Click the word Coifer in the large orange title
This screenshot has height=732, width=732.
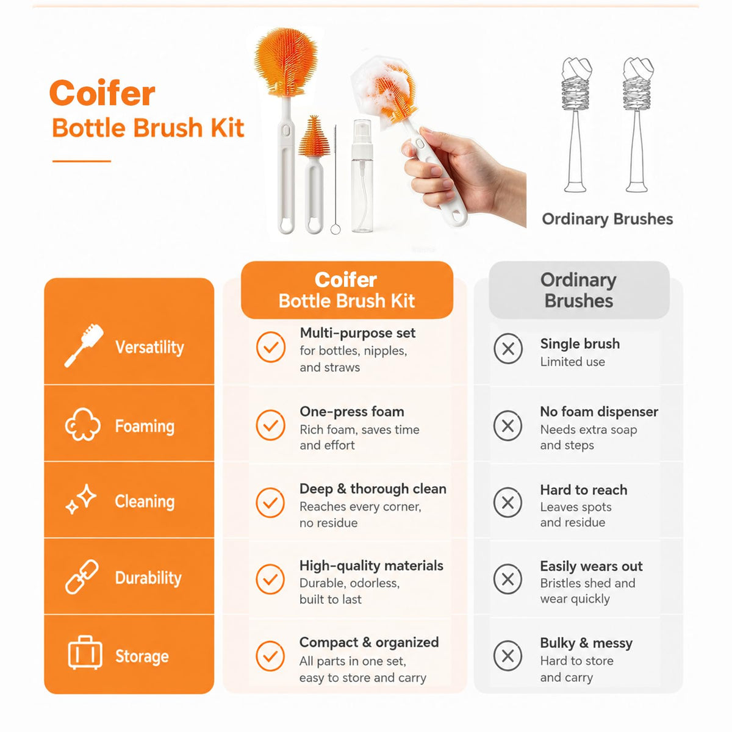point(102,93)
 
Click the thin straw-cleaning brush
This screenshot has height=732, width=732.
point(335,179)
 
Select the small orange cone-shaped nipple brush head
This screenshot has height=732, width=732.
point(314,136)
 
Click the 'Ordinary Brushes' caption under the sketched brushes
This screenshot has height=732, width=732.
point(607,219)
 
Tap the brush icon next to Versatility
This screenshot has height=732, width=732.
point(84,345)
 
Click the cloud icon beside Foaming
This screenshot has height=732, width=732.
point(83,425)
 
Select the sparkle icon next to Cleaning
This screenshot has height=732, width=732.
point(81,499)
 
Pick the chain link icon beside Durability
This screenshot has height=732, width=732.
point(82,576)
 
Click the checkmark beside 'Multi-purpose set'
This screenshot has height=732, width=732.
point(270,346)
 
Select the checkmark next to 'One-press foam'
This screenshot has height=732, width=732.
point(270,425)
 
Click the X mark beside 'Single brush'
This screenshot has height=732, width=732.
point(508,348)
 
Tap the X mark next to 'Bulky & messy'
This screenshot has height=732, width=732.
point(508,656)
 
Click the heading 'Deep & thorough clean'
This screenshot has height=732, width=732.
point(373,489)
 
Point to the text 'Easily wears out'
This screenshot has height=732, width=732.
point(591,566)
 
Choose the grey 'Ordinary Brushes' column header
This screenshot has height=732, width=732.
point(579,290)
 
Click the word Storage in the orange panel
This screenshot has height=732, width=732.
point(142,656)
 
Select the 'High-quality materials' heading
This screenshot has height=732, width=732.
point(371,566)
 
